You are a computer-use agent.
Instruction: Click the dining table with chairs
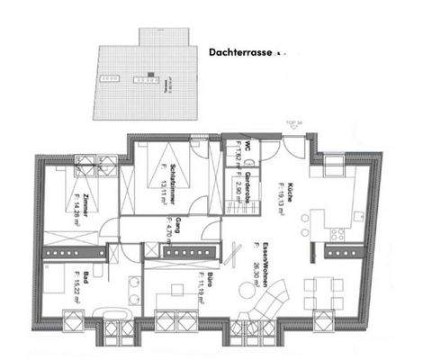tap(319, 293)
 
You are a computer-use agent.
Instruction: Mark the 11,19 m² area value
tap(170, 284)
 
